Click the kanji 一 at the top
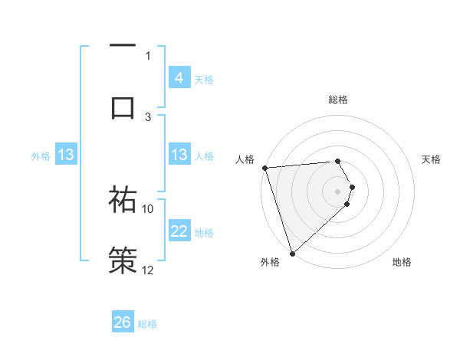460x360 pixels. coord(123,46)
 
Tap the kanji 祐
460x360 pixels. coord(123,200)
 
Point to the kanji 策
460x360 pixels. coord(123,260)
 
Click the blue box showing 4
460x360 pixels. coord(179,78)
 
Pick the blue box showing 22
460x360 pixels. coord(179,231)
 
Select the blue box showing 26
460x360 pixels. coord(123,322)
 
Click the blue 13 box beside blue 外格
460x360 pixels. coord(67,155)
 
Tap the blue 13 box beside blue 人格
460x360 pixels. coord(179,155)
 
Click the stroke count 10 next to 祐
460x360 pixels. coord(148,208)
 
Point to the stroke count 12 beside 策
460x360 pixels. coord(148,270)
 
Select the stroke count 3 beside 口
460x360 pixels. coord(149,116)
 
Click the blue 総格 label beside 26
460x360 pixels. coord(147,324)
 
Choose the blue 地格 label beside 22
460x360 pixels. coord(204,233)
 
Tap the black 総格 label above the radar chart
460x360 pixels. coord(338,100)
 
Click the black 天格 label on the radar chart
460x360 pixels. coord(432,159)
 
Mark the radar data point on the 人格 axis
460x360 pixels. coord(264,168)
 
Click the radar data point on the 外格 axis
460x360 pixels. coord(292,253)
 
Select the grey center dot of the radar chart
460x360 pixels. coord(338,191)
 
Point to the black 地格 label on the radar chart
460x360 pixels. coord(402,262)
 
